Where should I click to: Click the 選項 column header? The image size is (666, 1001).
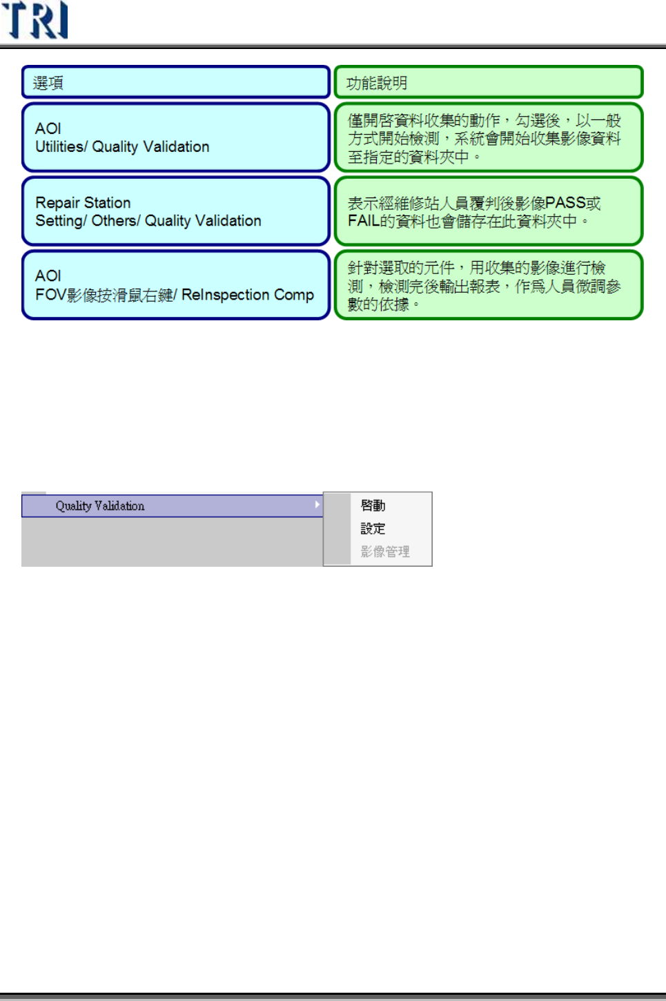48,83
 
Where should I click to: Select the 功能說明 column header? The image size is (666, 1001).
376,83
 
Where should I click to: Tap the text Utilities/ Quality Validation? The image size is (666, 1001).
122,146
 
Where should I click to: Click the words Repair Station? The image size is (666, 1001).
83,202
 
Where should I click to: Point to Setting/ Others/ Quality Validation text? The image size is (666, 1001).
148,221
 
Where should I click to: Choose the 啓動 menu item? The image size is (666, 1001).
373,505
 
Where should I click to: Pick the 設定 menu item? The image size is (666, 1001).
373,528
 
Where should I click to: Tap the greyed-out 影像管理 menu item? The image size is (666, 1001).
385,552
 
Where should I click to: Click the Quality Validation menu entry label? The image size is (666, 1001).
100,506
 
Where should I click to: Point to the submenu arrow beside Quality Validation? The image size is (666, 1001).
317,505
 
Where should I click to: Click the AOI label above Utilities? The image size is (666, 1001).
48,128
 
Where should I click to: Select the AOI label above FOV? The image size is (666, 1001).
48,275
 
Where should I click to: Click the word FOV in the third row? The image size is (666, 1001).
50,295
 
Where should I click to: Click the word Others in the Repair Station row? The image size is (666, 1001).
114,221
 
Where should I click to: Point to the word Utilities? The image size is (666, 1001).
59,146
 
